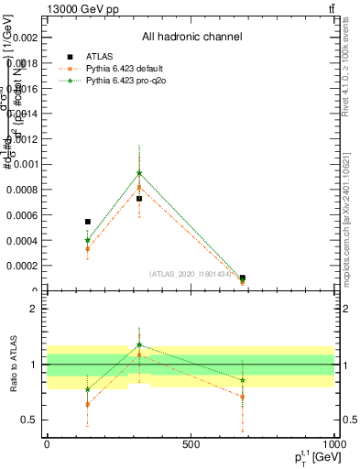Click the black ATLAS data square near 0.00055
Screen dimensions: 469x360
pos(88,222)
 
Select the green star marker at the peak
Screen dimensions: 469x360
pos(139,173)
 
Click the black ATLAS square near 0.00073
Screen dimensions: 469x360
pos(139,199)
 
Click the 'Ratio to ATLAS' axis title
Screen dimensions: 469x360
pos(13,366)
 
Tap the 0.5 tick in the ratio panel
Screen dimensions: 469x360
pos(29,420)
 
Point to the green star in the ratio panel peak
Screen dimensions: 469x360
pos(139,345)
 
